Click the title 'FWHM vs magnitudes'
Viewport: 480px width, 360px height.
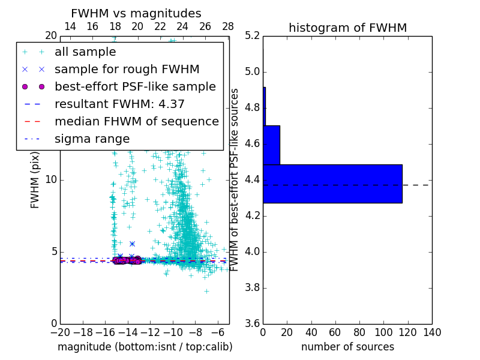136,13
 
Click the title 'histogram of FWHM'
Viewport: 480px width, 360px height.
347,28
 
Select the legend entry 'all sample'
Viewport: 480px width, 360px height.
85,52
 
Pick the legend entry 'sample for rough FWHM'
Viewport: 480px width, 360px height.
127,69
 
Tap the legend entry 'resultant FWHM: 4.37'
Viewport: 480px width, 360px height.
119,104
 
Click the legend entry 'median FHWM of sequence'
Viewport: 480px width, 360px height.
136,121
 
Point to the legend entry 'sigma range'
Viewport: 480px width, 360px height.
92,139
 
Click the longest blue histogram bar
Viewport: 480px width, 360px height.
332,184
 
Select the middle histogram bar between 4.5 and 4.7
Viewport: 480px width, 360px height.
271,145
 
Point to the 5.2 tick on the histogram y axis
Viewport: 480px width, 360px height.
251,36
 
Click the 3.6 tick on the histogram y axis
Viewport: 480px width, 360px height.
251,323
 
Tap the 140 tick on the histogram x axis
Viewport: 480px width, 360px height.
432,332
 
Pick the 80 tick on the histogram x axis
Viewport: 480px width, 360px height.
359,332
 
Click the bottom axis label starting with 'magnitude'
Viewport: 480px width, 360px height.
145,347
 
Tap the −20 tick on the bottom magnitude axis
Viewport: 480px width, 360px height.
60,332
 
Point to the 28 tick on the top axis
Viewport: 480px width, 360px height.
228,26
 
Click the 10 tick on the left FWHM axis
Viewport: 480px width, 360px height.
51,179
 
